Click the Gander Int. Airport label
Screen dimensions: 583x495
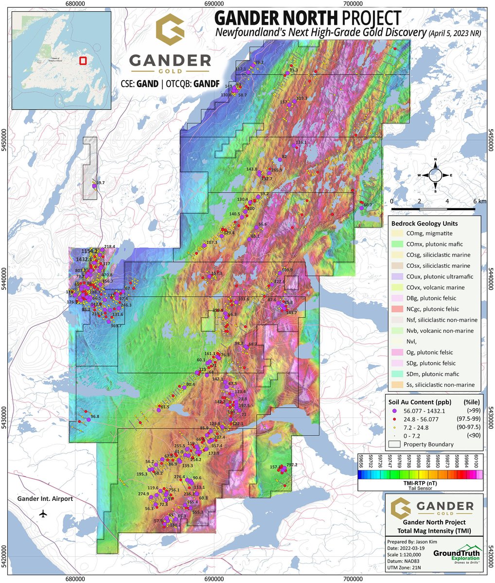pyautogui.click(x=45, y=499)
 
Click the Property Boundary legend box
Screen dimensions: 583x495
pyautogui.click(x=395, y=444)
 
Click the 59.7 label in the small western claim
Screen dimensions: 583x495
pyautogui.click(x=101, y=183)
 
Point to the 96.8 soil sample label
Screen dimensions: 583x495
pyautogui.click(x=95, y=417)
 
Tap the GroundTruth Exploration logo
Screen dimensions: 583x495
pyautogui.click(x=457, y=553)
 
